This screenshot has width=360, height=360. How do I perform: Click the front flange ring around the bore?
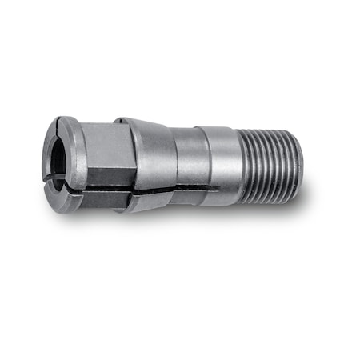coord(70,152)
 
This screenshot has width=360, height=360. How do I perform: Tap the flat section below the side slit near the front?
coord(100,197)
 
